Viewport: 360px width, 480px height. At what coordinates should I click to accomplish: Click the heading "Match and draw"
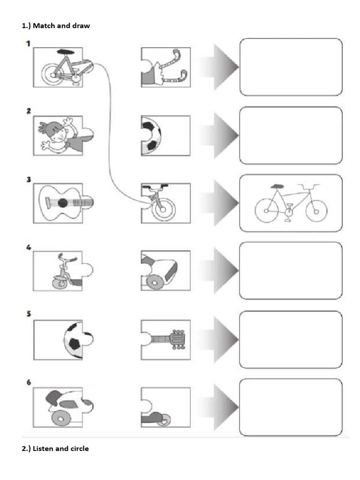(x=61, y=26)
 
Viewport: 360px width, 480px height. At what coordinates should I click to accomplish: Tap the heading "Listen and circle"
(x=60, y=449)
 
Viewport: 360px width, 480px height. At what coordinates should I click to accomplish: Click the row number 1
(x=28, y=44)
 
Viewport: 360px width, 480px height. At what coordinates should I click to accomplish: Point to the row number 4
(x=29, y=247)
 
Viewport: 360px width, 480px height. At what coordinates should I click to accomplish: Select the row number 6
(x=29, y=382)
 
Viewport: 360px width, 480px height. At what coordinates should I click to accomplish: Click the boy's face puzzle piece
(x=63, y=135)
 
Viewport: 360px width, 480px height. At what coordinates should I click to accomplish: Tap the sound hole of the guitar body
(x=63, y=202)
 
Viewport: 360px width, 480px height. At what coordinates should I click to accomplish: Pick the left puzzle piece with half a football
(x=63, y=340)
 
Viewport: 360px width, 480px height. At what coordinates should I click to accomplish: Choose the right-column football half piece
(x=165, y=135)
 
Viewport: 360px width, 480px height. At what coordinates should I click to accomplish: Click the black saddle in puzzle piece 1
(x=66, y=52)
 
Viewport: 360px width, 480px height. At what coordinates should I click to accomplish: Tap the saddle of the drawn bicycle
(x=277, y=186)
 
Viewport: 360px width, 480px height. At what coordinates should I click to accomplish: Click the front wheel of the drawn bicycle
(x=316, y=211)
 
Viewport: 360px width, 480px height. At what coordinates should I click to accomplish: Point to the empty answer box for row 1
(x=291, y=67)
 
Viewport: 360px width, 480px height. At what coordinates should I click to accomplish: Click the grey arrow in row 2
(x=219, y=135)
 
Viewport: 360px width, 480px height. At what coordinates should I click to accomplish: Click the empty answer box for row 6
(x=291, y=407)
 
